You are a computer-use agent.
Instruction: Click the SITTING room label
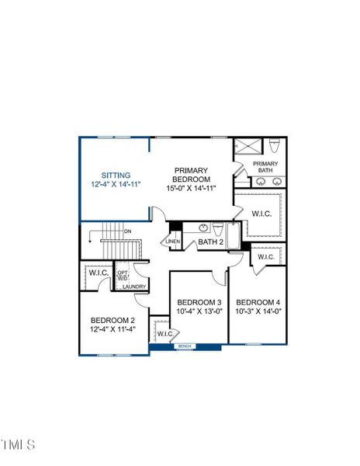(115, 176)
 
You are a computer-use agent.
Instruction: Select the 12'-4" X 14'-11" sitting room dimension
(115, 186)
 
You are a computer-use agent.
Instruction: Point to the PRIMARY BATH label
(265, 167)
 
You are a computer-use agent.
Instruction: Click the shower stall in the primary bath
(247, 147)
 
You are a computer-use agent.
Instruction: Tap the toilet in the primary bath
(275, 145)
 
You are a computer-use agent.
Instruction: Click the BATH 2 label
(209, 242)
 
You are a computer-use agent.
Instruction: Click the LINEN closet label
(173, 242)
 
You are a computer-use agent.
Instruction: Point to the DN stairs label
(128, 231)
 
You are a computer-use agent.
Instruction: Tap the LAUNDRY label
(134, 287)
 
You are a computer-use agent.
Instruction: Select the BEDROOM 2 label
(112, 320)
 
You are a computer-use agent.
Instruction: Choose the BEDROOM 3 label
(199, 302)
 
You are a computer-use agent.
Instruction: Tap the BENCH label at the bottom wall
(185, 346)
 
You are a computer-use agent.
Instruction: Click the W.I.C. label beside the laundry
(99, 273)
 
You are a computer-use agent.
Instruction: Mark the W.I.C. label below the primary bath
(261, 213)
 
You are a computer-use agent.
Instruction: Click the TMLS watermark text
(18, 445)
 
